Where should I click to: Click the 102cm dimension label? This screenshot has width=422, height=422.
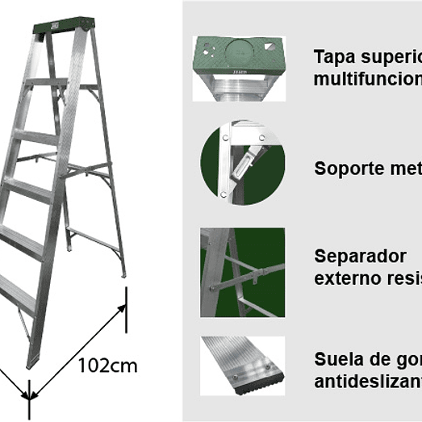(x=107, y=366)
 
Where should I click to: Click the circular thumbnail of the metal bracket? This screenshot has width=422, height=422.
(x=241, y=161)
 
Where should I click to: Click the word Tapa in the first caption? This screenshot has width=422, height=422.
(x=330, y=58)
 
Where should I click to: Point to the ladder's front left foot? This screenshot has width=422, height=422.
(x=33, y=360)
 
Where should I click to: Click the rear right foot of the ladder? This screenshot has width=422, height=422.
(x=123, y=272)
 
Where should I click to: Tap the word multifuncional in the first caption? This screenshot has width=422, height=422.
(x=367, y=80)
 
